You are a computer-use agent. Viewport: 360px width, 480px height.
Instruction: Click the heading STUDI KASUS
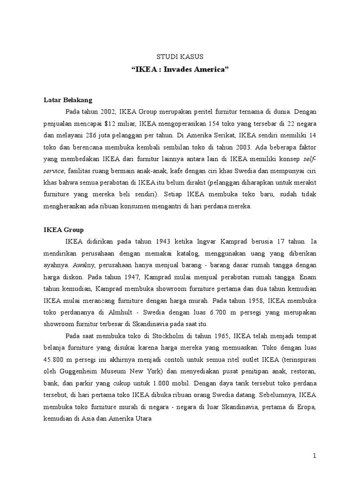[x=180, y=57]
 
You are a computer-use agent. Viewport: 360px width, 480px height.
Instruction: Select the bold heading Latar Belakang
[x=68, y=100]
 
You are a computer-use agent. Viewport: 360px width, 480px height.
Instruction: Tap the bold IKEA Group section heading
[x=64, y=230]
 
